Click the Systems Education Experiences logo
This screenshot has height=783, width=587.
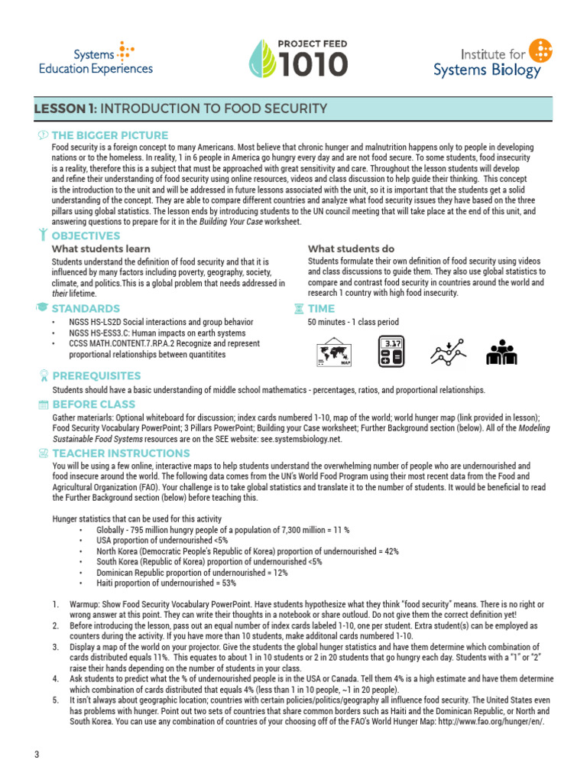click(x=96, y=59)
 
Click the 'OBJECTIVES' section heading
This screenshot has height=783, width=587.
click(x=85, y=236)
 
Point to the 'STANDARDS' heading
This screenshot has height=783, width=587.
click(x=85, y=308)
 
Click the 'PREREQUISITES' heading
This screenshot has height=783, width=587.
click(x=96, y=375)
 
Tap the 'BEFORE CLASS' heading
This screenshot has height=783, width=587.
click(x=92, y=404)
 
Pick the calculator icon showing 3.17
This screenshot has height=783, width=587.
click(x=394, y=353)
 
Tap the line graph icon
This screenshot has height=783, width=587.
click(x=448, y=353)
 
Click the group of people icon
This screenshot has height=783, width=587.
click(x=502, y=353)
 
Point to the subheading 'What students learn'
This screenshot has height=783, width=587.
click(x=101, y=249)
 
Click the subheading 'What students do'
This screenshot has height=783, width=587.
click(x=351, y=249)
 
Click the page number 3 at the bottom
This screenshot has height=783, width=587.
click(x=36, y=755)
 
